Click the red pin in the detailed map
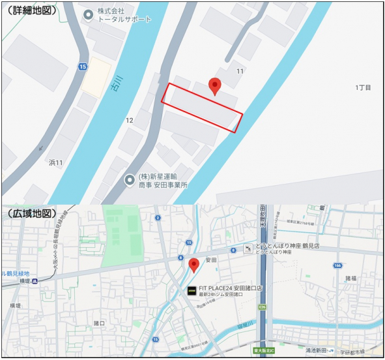click(x=214, y=86)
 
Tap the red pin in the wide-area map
click(x=193, y=265)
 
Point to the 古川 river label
click(x=115, y=67)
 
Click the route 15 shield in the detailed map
click(x=82, y=67)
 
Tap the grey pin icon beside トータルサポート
click(x=88, y=14)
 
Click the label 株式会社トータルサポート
click(x=124, y=15)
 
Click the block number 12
click(x=129, y=120)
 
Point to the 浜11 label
click(x=56, y=162)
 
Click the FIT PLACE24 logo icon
click(x=192, y=291)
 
